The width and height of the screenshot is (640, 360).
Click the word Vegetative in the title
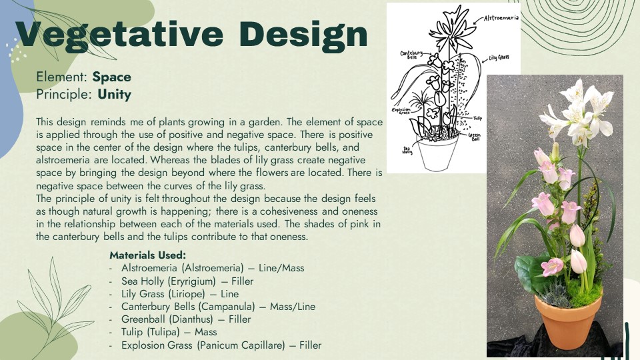tap(119, 35)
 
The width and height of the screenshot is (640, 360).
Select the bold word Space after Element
tap(112, 77)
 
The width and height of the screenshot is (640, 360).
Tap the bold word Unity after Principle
tap(114, 95)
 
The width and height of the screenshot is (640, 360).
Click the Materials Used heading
tap(148, 255)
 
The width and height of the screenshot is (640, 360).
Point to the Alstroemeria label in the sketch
tap(501, 18)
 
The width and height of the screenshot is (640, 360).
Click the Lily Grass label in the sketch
tap(499, 58)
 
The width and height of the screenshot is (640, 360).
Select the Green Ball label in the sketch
tap(474, 136)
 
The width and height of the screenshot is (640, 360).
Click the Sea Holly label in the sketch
tap(407, 150)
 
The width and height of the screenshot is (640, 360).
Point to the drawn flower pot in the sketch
tap(437, 154)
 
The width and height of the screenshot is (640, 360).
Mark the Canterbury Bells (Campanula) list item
tap(218, 307)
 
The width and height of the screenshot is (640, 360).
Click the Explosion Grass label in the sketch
tap(401, 111)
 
